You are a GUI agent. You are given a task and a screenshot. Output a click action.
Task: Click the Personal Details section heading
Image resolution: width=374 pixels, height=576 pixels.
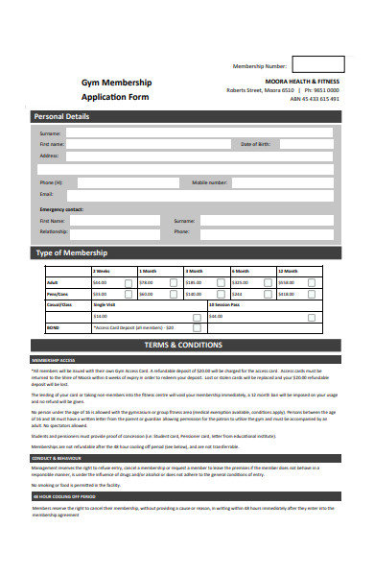pyautogui.click(x=63, y=116)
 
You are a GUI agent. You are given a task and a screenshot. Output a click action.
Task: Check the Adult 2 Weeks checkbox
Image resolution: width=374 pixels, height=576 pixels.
pyautogui.click(x=128, y=283)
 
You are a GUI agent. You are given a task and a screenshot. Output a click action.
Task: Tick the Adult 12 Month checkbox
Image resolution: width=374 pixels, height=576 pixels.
pyautogui.click(x=312, y=283)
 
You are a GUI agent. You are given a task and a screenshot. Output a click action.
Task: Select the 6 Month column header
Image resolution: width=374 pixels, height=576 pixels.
pyautogui.click(x=241, y=272)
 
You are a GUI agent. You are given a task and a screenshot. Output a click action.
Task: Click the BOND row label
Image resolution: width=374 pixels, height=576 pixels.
pyautogui.click(x=53, y=326)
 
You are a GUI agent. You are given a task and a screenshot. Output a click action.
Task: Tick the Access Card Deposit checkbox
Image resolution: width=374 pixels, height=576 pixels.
pyautogui.click(x=219, y=326)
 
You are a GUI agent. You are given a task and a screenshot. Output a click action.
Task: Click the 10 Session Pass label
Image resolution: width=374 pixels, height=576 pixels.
pyautogui.click(x=225, y=304)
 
